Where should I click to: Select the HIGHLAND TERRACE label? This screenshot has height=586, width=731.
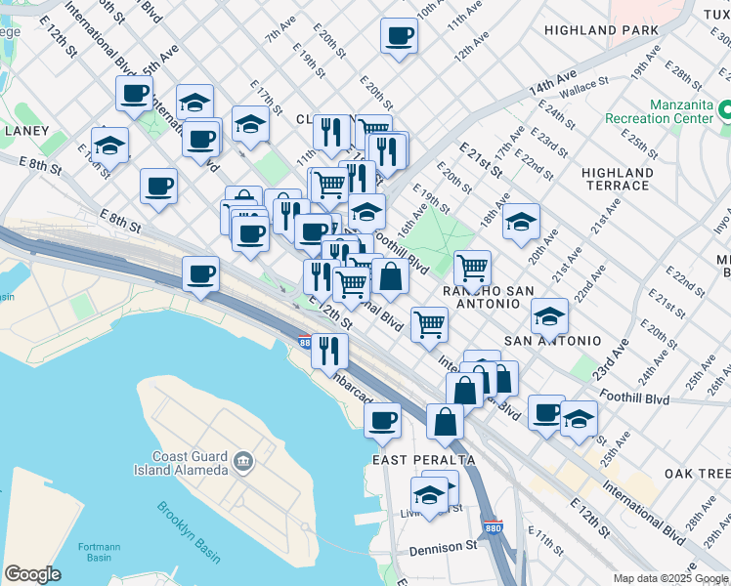(618, 179)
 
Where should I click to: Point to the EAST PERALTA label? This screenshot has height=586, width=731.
(424, 459)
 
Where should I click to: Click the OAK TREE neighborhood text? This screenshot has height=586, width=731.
(696, 473)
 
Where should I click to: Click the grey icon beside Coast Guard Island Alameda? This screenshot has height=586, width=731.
(243, 460)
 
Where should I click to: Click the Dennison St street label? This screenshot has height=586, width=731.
(442, 549)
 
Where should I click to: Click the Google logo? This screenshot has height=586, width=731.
(32, 573)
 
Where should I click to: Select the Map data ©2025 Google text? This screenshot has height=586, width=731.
(670, 578)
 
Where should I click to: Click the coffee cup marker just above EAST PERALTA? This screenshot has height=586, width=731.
(382, 421)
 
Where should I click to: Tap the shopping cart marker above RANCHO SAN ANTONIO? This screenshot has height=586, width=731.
(472, 267)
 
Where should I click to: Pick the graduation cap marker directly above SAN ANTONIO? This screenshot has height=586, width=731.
(550, 315)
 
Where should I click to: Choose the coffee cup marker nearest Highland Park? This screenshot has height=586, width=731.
(398, 36)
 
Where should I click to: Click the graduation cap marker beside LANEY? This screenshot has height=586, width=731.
(109, 146)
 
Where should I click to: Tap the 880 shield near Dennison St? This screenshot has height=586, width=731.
(494, 525)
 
